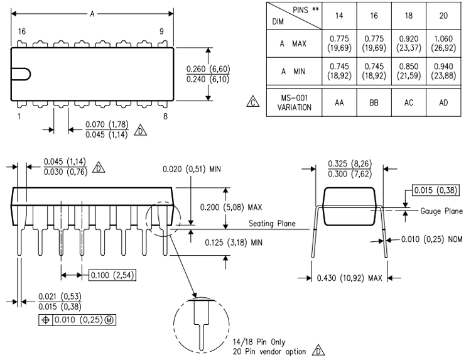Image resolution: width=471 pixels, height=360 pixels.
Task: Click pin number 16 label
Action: click(22, 31)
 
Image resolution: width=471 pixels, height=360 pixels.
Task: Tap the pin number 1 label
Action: click(20, 116)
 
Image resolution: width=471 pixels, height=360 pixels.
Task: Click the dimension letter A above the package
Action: click(92, 13)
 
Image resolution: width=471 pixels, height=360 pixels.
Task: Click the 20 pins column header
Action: click(443, 15)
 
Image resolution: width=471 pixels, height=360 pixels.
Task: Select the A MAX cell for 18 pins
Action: click(408, 44)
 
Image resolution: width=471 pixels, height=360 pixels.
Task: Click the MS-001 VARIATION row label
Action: click(295, 102)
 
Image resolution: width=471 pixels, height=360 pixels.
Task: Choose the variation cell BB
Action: click(373, 102)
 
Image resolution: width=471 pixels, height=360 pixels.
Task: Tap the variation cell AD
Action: click(443, 102)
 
